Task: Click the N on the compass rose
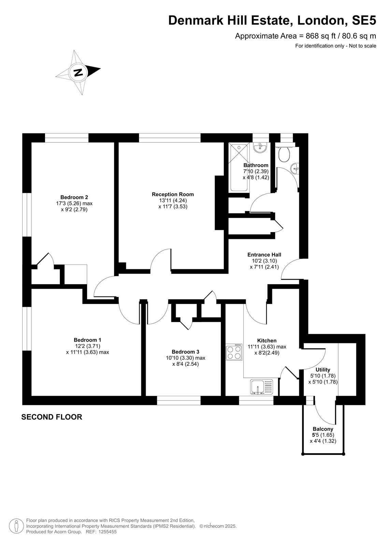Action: (x=78, y=72)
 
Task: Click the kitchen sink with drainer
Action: (x=261, y=387)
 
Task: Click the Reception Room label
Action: (x=173, y=194)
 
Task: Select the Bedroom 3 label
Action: (x=185, y=352)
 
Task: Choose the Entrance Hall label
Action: (x=264, y=255)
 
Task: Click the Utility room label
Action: (x=323, y=370)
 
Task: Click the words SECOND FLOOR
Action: (x=52, y=417)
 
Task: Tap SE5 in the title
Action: (x=364, y=20)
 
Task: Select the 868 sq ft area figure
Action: (x=317, y=36)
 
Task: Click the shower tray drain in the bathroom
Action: (x=239, y=147)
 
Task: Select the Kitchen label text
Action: (x=267, y=341)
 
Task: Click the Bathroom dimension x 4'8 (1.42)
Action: (x=256, y=177)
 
